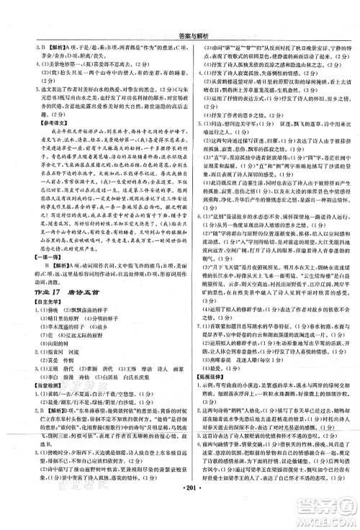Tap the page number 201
pos(180,517)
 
